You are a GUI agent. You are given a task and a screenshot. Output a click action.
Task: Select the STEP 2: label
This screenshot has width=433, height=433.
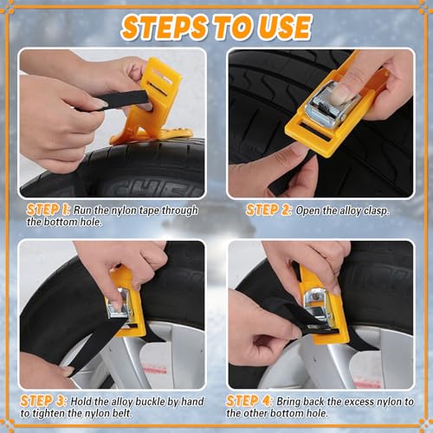[268, 210]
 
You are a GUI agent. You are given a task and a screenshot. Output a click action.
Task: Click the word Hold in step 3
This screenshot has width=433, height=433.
[89, 402]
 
